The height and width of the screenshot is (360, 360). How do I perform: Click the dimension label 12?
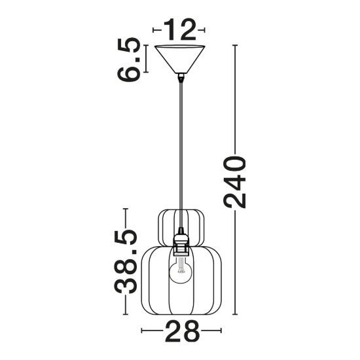click(x=179, y=29)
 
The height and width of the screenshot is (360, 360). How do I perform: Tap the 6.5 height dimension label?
click(x=128, y=60)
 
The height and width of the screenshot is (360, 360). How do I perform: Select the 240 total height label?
click(x=234, y=182)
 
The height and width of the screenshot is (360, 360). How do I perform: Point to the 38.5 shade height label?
click(x=126, y=262)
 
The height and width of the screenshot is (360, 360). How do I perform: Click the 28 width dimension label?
click(x=181, y=331)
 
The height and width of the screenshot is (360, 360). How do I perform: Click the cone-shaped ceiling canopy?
click(x=180, y=59)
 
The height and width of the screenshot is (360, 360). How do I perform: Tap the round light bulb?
click(x=181, y=270)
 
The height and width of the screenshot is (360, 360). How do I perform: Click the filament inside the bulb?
click(x=181, y=267)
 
